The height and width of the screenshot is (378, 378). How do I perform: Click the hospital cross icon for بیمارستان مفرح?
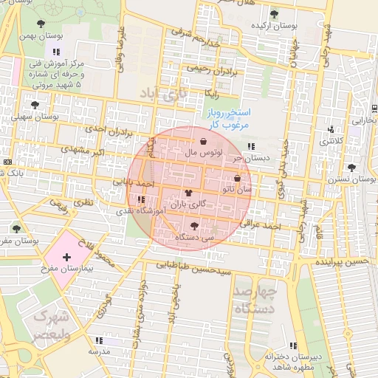(67, 258)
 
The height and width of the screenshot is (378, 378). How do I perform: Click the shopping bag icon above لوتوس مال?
(203, 140)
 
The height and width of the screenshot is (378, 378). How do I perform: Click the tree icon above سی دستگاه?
(194, 226)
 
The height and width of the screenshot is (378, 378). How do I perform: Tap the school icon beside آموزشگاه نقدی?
(141, 199)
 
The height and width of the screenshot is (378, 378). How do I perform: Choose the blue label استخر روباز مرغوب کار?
(227, 119)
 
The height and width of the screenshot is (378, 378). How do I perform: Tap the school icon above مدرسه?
(98, 340)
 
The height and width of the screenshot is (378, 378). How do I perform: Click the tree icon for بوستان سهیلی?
(35, 105)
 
